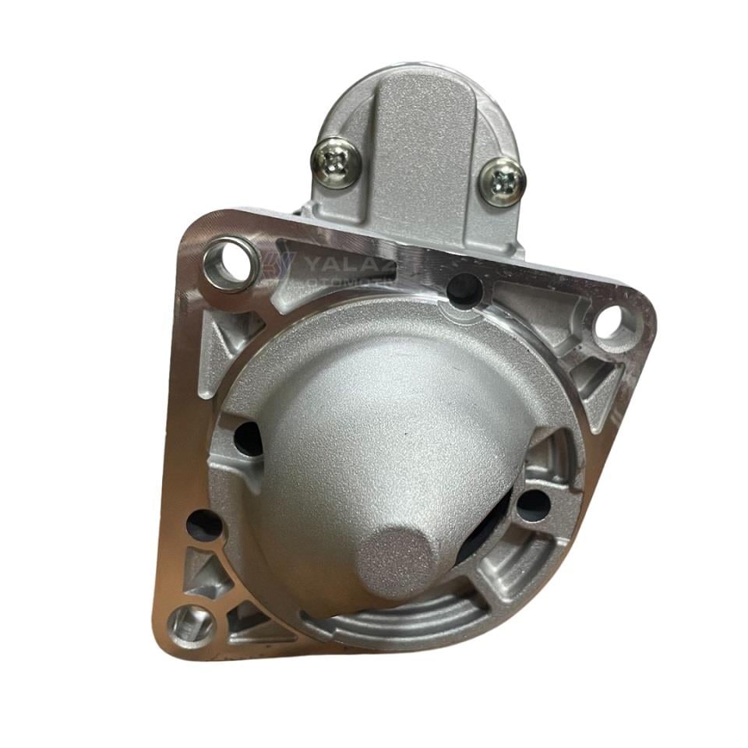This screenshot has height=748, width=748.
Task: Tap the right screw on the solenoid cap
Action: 502,182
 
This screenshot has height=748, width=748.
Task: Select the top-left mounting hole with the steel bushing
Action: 231,262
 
